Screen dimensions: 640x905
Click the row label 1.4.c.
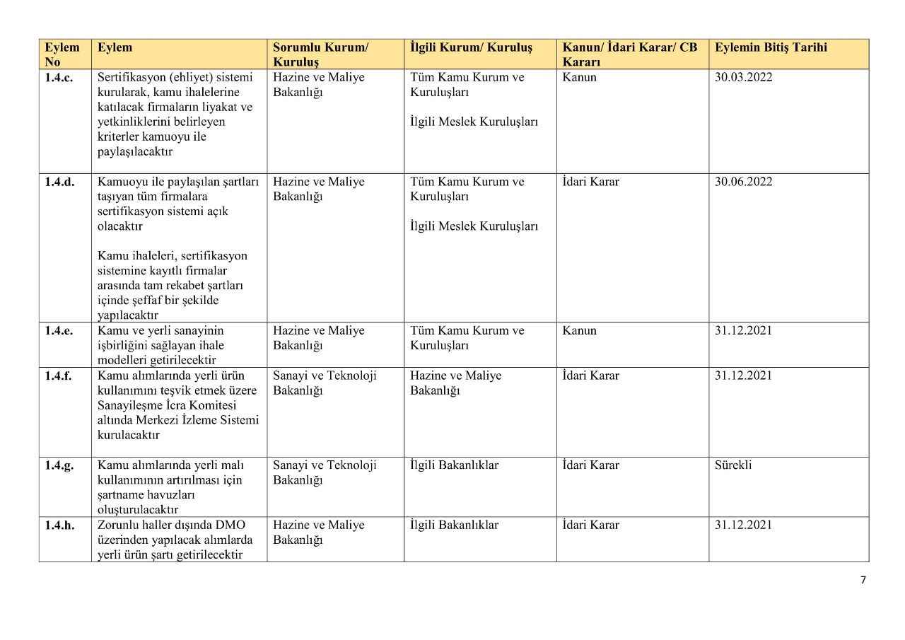coord(59,78)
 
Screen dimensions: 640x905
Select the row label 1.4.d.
coord(59,182)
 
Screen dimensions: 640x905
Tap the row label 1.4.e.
coord(59,331)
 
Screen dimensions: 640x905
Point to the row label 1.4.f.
coord(58,376)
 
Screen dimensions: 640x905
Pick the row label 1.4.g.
coord(59,465)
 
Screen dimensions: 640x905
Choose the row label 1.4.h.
coord(59,525)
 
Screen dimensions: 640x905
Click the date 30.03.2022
coord(743,77)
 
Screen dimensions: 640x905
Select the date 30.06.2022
coord(743,182)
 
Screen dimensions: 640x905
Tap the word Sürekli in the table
coord(733,465)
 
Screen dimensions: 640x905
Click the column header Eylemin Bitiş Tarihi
coord(771,48)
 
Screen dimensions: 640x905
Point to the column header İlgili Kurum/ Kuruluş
coord(471,48)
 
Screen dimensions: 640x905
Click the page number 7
coord(863,581)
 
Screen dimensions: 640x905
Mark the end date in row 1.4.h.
coord(743,525)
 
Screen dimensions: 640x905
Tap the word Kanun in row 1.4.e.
coord(579,331)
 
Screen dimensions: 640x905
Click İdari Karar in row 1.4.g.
coord(590,465)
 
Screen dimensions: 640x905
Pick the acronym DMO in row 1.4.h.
coord(228,525)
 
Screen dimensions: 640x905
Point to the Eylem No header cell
coord(62,54)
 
